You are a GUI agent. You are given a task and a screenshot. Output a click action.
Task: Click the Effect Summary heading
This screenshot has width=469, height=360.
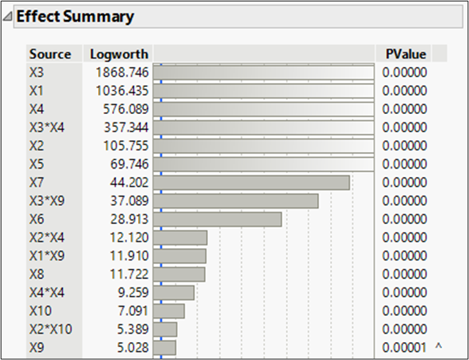click(x=75, y=17)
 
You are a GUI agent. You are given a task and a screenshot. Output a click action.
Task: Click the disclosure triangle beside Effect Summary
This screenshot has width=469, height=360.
click(x=8, y=17)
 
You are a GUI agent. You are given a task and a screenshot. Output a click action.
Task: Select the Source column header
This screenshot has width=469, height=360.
click(x=50, y=54)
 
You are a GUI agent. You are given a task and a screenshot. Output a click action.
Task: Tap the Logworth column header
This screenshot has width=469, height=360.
click(x=110, y=54)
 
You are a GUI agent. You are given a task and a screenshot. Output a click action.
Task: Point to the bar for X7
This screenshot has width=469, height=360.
click(x=251, y=182)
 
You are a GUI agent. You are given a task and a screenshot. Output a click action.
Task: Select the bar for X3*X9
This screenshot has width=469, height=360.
click(x=236, y=201)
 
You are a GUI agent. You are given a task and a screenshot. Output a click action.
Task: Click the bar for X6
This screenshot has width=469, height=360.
click(x=218, y=219)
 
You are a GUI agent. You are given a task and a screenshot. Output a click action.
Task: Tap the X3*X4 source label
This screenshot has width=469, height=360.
click(x=47, y=127)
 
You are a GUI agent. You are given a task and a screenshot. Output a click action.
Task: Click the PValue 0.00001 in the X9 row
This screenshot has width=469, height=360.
click(x=405, y=347)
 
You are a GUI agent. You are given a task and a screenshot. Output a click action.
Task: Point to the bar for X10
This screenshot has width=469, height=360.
click(x=169, y=311)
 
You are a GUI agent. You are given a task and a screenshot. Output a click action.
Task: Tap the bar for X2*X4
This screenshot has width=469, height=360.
click(x=180, y=238)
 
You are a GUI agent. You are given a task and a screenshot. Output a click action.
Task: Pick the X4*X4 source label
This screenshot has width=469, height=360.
click(x=47, y=292)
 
